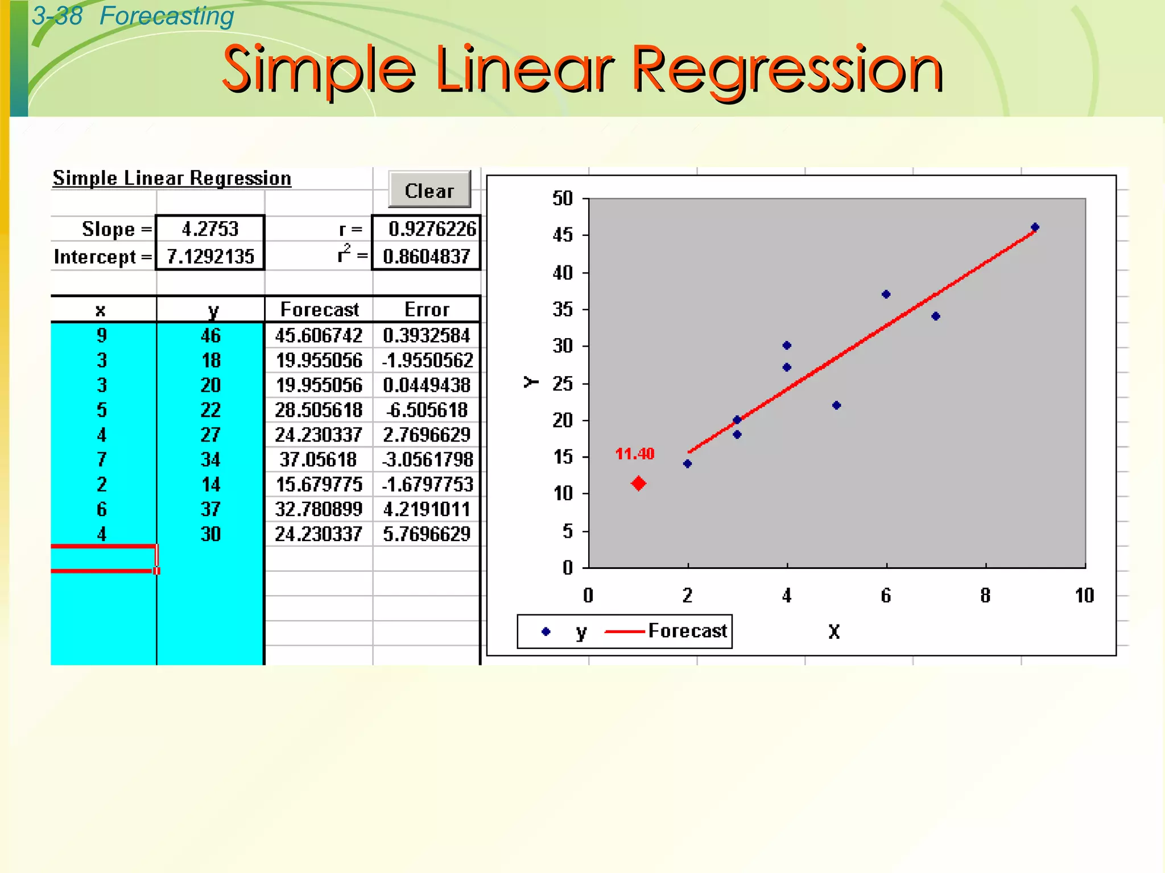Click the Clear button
click(429, 190)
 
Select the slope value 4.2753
click(210, 229)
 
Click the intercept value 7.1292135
click(210, 256)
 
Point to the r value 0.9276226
click(432, 229)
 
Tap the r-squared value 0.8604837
click(426, 256)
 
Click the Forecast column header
click(319, 310)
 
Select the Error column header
click(427, 310)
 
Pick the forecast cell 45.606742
click(319, 335)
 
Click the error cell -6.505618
click(427, 410)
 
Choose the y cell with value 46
click(210, 335)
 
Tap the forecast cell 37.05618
click(319, 459)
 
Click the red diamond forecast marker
click(638, 484)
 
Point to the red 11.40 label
click(635, 454)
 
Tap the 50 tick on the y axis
click(563, 198)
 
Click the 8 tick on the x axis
click(985, 595)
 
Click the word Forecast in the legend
click(687, 631)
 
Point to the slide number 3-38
click(57, 16)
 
